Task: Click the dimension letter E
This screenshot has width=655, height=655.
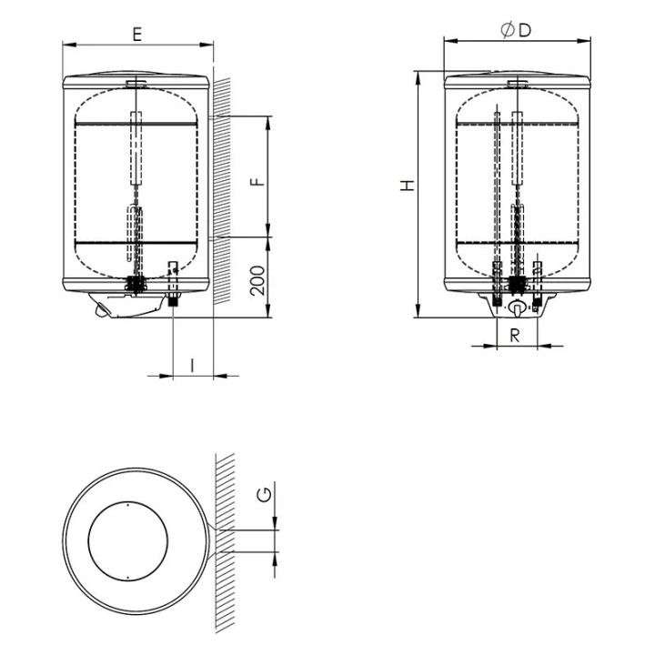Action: (x=137, y=34)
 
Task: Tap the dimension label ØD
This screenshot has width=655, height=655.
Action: (x=516, y=31)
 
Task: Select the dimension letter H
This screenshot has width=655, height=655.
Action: (x=408, y=186)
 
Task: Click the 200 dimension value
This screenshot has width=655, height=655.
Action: (x=257, y=281)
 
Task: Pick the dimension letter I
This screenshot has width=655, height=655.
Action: (x=192, y=365)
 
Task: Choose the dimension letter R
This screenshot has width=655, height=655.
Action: (x=516, y=335)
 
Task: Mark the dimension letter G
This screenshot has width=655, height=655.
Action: (x=265, y=494)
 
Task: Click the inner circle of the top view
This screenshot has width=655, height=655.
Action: (x=128, y=501)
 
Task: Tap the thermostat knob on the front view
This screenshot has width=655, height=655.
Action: (x=517, y=308)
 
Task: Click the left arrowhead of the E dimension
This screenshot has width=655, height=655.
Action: (x=69, y=45)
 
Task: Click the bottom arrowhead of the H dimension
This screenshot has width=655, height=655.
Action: (x=417, y=310)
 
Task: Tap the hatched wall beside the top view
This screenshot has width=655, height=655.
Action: (x=225, y=543)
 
